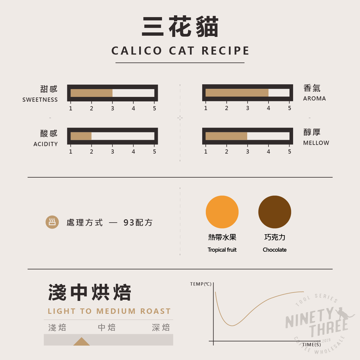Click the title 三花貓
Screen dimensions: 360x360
(x=180, y=27)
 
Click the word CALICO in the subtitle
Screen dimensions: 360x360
(x=137, y=51)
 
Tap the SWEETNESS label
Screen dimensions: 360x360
(x=40, y=100)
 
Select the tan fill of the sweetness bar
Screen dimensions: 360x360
(x=91, y=93)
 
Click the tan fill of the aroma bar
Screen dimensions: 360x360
(x=237, y=93)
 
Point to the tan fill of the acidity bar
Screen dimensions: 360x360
(x=81, y=136)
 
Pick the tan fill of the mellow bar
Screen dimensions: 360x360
(x=226, y=136)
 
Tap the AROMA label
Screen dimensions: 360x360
(x=314, y=98)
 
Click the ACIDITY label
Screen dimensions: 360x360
(x=46, y=144)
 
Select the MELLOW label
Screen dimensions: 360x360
(x=316, y=143)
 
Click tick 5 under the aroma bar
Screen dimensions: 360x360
(x=289, y=108)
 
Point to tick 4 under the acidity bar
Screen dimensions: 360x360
(x=133, y=151)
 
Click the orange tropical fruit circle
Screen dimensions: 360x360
(x=222, y=212)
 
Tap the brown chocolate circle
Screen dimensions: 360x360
(x=274, y=212)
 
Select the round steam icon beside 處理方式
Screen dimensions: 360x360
(x=52, y=222)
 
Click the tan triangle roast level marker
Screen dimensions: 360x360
(x=82, y=342)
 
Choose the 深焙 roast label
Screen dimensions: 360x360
(x=161, y=327)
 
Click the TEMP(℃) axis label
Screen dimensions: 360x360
(x=201, y=284)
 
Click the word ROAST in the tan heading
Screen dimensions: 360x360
(x=155, y=311)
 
